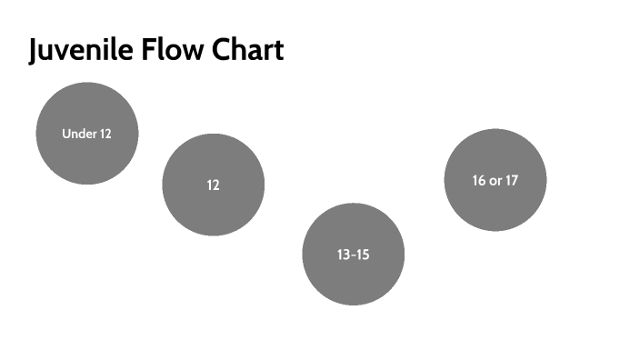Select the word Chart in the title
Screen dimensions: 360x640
(x=248, y=50)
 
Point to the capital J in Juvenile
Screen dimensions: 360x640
(x=35, y=51)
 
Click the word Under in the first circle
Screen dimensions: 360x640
(x=79, y=134)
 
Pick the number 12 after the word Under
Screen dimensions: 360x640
(x=105, y=134)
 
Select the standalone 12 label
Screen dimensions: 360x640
(x=214, y=185)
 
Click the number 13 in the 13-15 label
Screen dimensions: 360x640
(x=343, y=255)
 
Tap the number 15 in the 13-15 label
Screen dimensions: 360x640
(x=363, y=255)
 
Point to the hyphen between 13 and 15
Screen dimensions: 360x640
(x=353, y=255)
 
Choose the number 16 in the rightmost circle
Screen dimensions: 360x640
(x=478, y=180)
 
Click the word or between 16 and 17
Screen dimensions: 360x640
(x=495, y=181)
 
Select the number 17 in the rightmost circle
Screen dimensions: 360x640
(x=512, y=180)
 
